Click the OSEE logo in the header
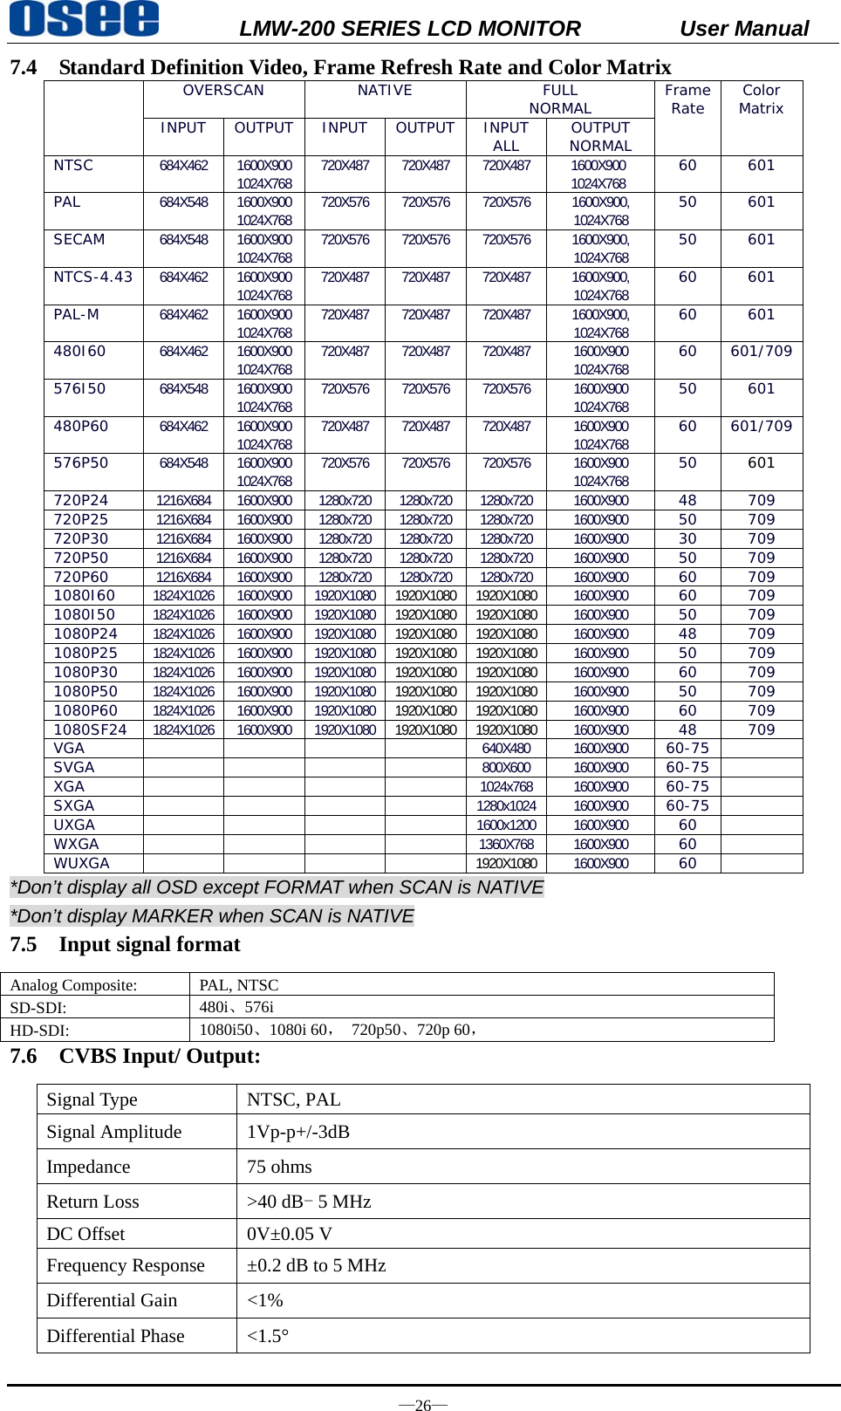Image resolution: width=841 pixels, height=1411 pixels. point(85,19)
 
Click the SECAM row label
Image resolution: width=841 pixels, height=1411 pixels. point(79,239)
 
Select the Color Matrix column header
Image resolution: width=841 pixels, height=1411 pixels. point(761,99)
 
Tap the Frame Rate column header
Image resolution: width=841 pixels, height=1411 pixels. point(687,99)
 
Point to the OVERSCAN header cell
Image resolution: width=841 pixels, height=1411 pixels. point(223,91)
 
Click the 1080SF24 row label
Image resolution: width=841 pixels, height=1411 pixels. point(90,729)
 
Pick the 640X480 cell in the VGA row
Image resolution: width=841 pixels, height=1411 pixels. point(506,749)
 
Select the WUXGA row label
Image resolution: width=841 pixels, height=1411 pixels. point(81,863)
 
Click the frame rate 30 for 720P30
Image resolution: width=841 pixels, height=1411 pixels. point(687,538)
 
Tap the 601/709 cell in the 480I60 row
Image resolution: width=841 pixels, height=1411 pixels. point(761,351)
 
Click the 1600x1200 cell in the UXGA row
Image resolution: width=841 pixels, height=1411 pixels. point(506,825)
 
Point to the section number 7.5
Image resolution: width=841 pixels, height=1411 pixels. point(24,944)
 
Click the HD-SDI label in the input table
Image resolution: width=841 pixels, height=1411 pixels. point(39,1031)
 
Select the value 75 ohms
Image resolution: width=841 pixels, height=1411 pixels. point(279,1167)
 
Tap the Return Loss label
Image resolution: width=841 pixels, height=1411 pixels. point(92,1202)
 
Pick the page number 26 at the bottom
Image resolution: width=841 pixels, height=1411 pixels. point(423,1405)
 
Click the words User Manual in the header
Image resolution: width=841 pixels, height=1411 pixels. point(743,29)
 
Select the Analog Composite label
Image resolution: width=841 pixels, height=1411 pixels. point(73,985)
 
